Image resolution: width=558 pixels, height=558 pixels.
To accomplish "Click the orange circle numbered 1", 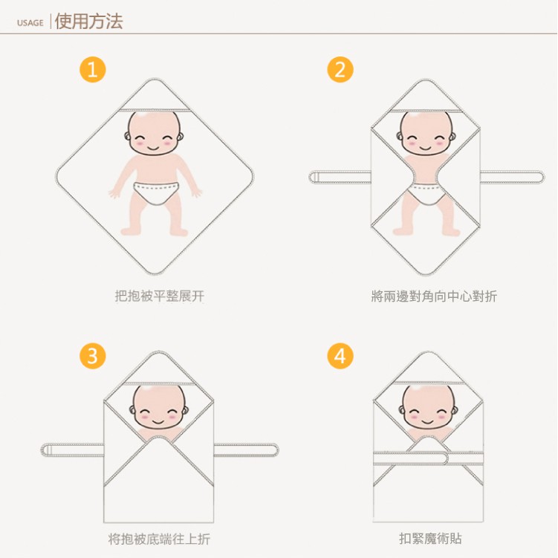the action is pyautogui.click(x=93, y=69).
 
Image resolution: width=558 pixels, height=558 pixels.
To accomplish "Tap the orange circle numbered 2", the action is pyautogui.click(x=340, y=69).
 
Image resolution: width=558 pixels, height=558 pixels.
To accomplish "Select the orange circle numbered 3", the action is pyautogui.click(x=93, y=356).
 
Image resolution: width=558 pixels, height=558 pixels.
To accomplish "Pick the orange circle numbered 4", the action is pyautogui.click(x=340, y=356).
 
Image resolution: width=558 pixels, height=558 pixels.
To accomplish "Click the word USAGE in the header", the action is pyautogui.click(x=30, y=23).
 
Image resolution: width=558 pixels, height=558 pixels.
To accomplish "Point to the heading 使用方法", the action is pyautogui.click(x=89, y=22).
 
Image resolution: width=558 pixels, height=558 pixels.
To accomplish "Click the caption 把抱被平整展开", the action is pyautogui.click(x=160, y=296).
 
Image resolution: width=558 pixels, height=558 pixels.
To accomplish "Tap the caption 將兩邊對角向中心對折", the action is pyautogui.click(x=434, y=296).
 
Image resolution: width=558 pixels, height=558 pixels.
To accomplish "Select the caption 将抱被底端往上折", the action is pyautogui.click(x=159, y=539).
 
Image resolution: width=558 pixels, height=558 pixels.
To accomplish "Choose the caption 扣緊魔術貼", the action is pyautogui.click(x=430, y=539).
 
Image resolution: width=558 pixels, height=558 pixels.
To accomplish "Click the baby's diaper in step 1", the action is pyautogui.click(x=156, y=193).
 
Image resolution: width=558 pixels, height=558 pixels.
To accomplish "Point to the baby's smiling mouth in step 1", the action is pyautogui.click(x=153, y=148).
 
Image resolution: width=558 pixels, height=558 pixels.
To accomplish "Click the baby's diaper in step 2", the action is pyautogui.click(x=426, y=195).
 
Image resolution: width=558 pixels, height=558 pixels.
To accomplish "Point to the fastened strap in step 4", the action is pyautogui.click(x=428, y=458).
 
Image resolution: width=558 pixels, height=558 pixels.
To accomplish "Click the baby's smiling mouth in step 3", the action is pyautogui.click(x=158, y=422).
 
